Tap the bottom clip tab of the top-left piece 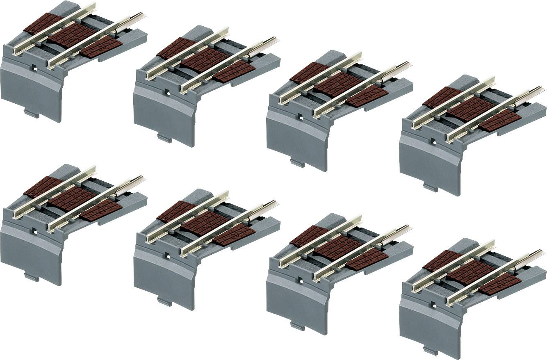pyautogui.click(x=32, y=114)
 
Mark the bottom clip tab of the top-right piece pyautogui.click(x=430, y=187)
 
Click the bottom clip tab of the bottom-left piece pyautogui.click(x=32, y=278)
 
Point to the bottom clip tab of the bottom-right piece pyautogui.click(x=430, y=351)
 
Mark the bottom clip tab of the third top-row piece pyautogui.click(x=297, y=163)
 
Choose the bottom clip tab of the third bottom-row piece pyautogui.click(x=297, y=327)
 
